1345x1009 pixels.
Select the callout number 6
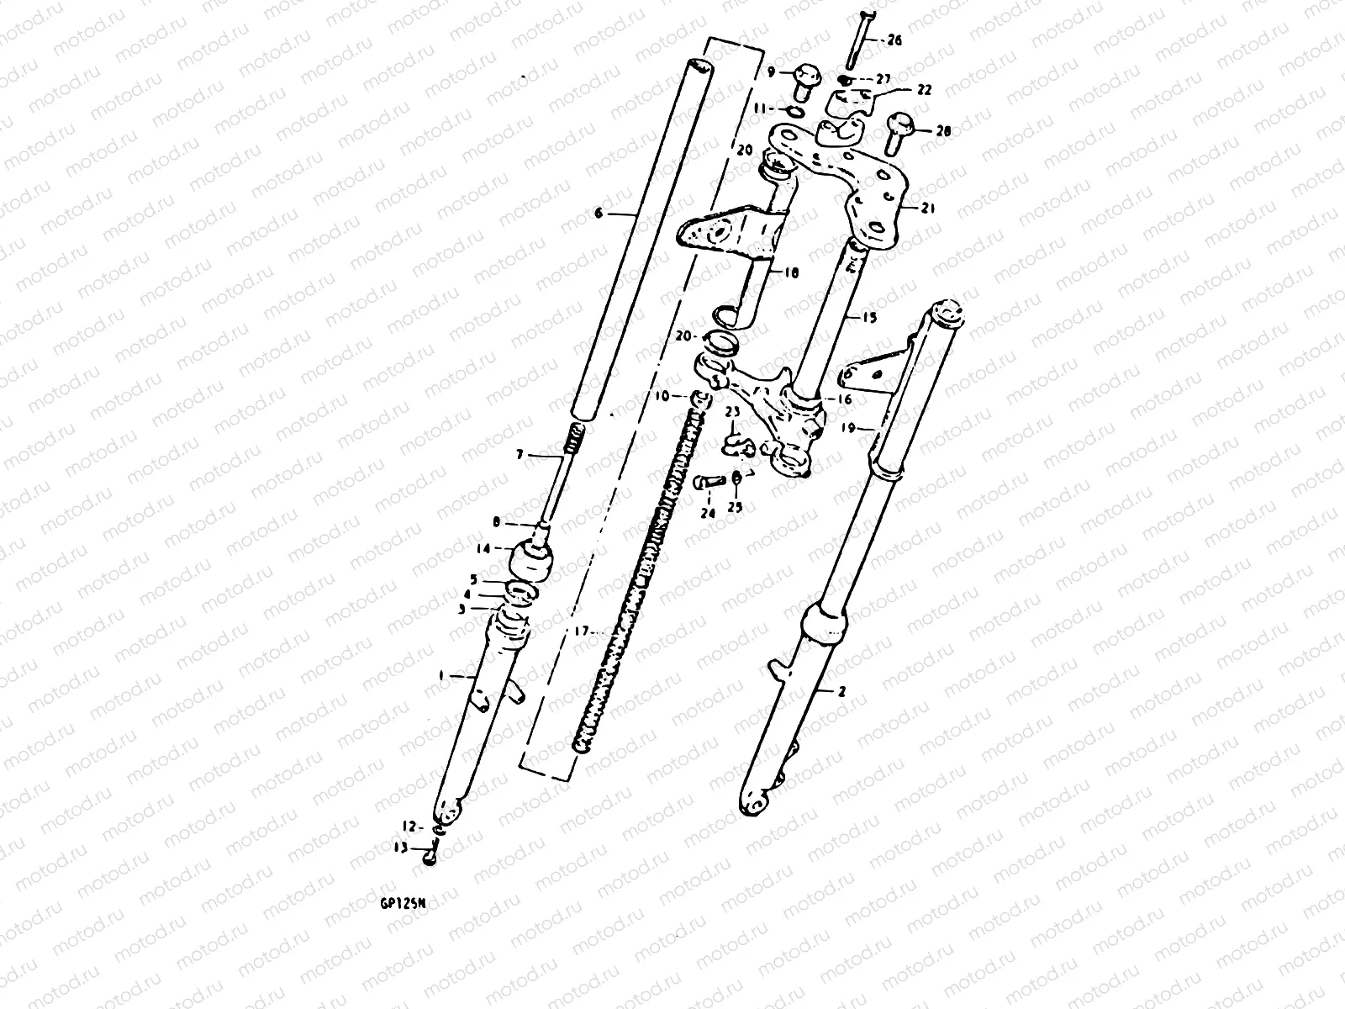pyautogui.click(x=599, y=214)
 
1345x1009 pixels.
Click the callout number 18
pyautogui.click(x=792, y=272)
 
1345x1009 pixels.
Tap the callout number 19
pyautogui.click(x=847, y=428)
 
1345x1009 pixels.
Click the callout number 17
pyautogui.click(x=578, y=631)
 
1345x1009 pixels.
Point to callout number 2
pyautogui.click(x=841, y=692)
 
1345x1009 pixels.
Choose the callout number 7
pyautogui.click(x=520, y=455)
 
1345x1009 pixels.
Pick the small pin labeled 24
pyautogui.click(x=709, y=483)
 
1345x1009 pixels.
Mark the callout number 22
pyautogui.click(x=900, y=90)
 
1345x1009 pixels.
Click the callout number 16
pyautogui.click(x=845, y=400)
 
